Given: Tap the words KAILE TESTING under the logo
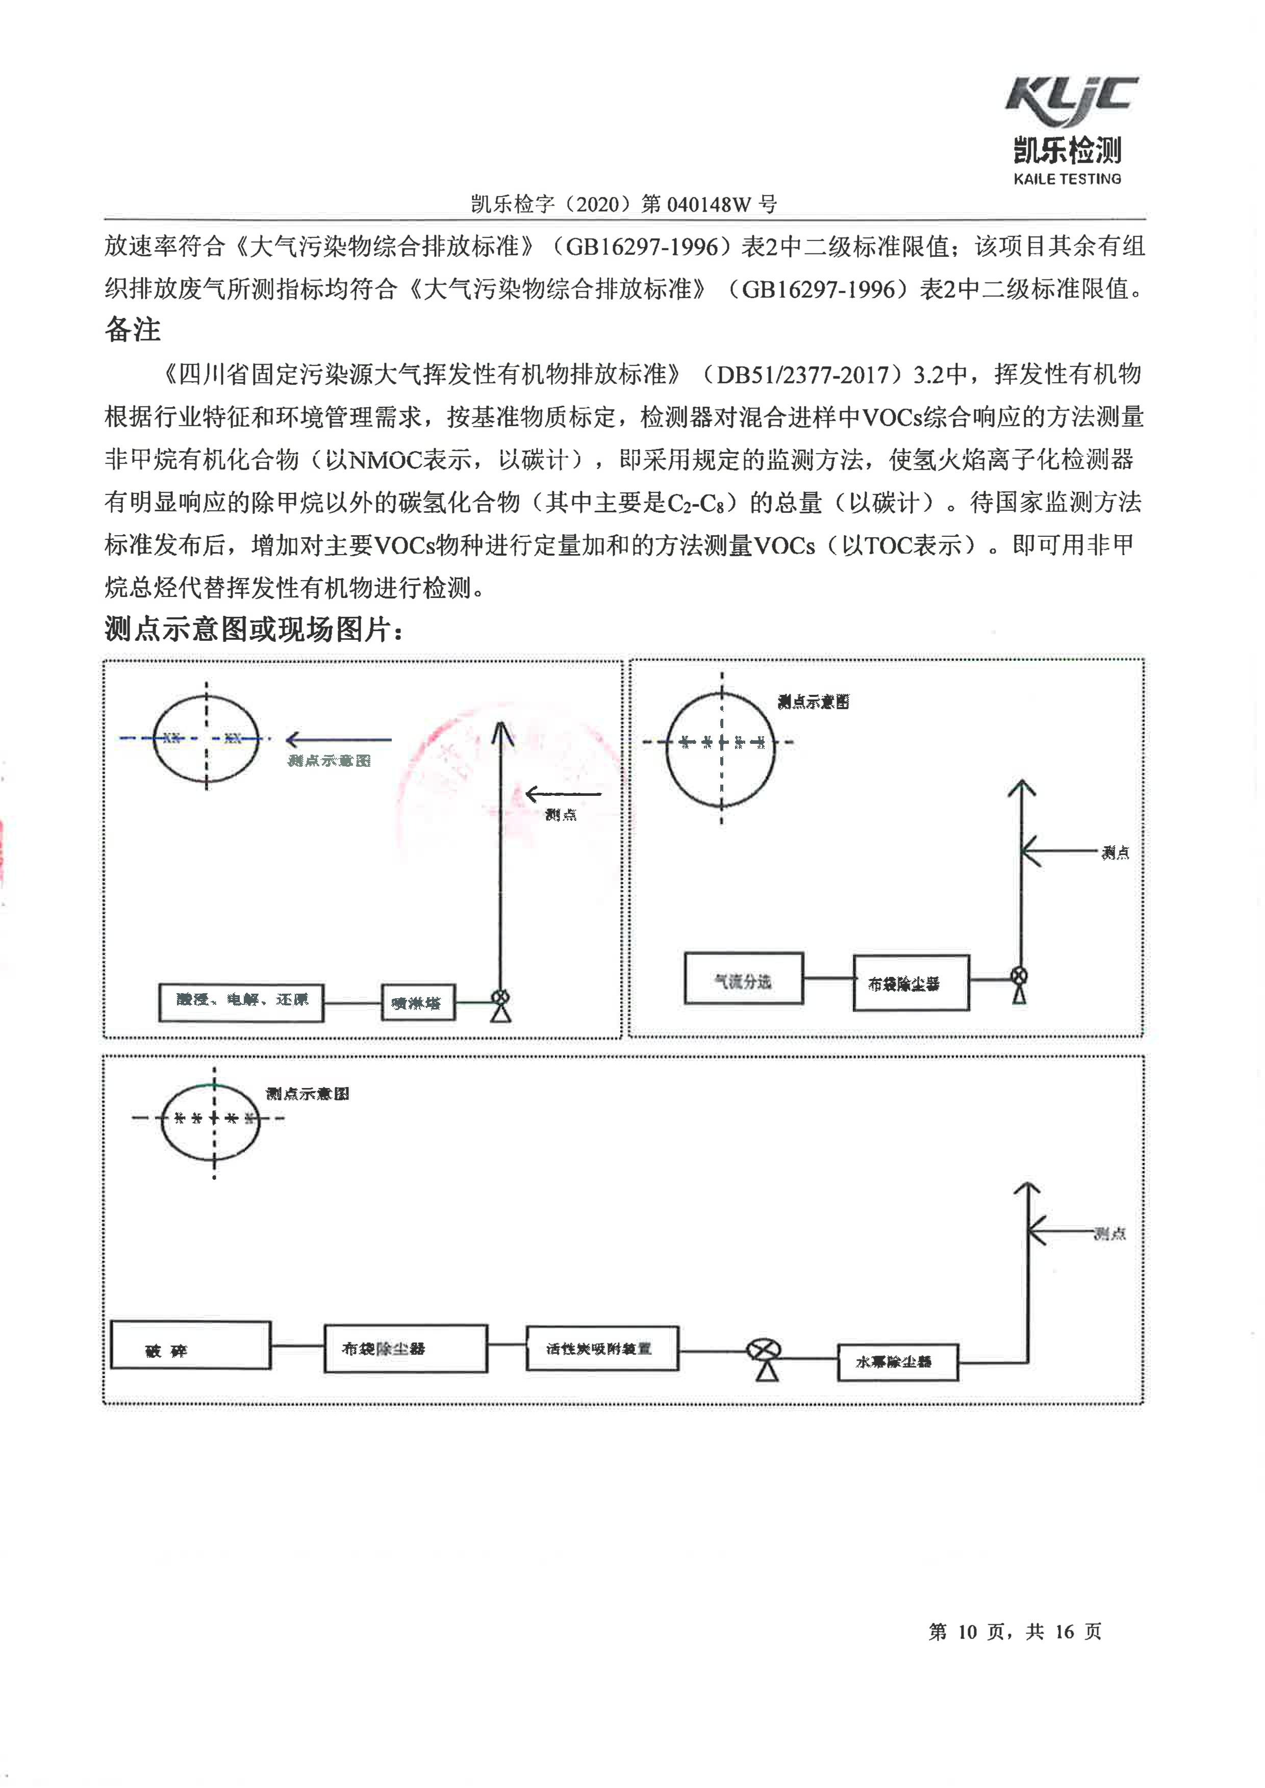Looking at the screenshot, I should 1067,179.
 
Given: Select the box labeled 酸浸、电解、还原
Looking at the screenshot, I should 241,1001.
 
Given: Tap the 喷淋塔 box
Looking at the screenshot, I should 418,1003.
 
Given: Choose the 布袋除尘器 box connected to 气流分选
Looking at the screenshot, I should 910,983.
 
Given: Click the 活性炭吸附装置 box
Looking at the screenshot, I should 601,1348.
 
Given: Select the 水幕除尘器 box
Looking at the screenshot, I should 897,1361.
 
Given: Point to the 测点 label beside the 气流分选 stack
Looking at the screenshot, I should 1115,853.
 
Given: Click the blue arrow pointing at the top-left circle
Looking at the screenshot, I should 338,739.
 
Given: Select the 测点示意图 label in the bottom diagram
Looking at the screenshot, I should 307,1094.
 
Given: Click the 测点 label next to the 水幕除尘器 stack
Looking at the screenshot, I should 1109,1233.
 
